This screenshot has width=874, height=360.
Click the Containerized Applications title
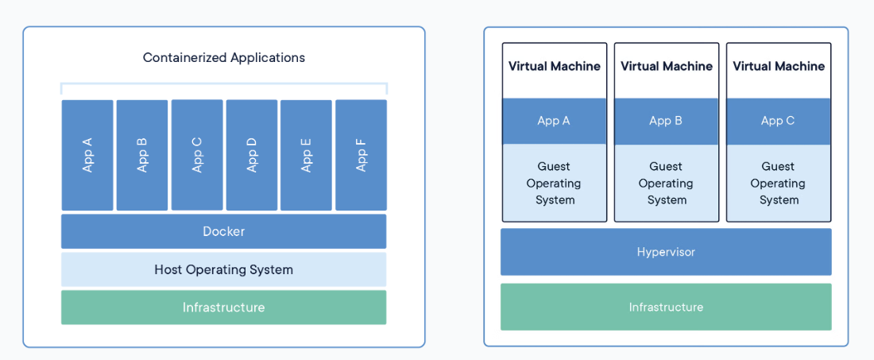pos(223,58)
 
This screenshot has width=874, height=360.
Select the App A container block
pos(87,155)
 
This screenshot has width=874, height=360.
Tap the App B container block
pos(142,155)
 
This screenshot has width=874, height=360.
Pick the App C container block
pos(197,155)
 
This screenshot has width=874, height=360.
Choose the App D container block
pos(252,155)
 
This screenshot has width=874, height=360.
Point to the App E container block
pos(306,155)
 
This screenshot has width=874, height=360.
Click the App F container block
pos(361,155)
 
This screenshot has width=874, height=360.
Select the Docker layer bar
pos(223,231)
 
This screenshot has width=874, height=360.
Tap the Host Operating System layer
pos(223,269)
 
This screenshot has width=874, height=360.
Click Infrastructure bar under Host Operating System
pos(223,308)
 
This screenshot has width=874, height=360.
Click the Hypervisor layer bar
pos(666,252)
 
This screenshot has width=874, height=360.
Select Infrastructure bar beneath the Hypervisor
pos(666,307)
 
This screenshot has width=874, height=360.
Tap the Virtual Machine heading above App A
pos(555,67)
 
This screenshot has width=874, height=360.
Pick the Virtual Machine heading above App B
pos(667,67)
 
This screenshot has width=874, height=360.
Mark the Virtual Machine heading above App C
pos(779,67)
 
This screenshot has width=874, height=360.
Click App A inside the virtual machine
pos(555,121)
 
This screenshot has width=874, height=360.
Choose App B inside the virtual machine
pos(667,121)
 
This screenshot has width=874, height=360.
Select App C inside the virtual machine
pos(779,121)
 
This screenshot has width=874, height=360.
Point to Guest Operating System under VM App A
pos(555,183)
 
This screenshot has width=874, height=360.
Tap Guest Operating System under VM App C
pos(779,183)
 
